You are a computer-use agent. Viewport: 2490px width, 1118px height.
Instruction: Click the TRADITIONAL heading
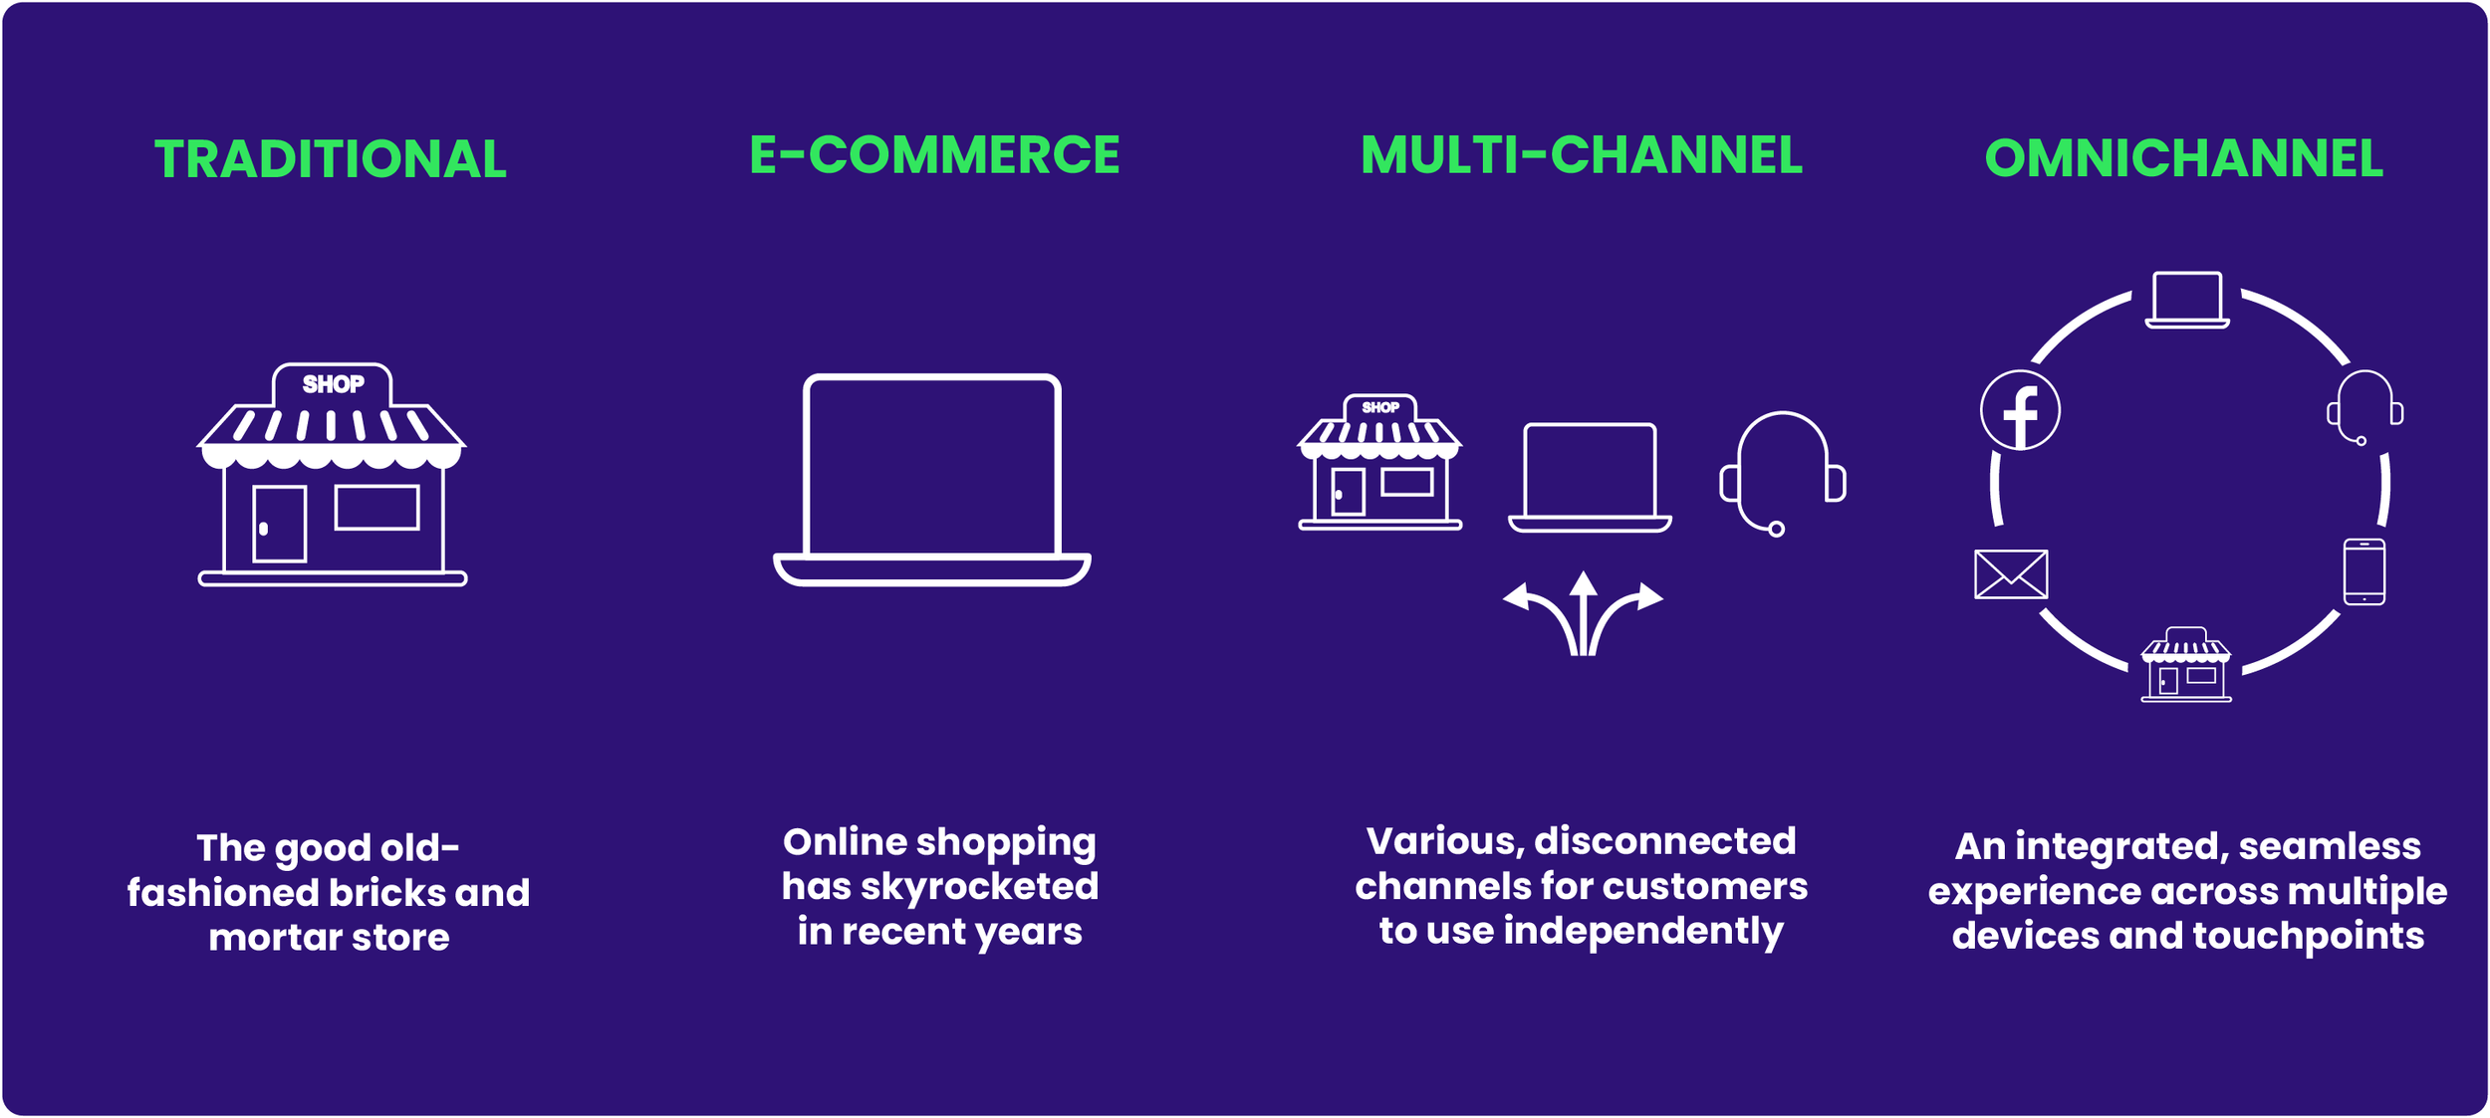331,159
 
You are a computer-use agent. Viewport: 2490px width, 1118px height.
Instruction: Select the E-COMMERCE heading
934,155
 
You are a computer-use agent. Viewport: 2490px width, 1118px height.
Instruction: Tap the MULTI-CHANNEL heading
1582,155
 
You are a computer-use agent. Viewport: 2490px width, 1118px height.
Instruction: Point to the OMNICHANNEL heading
2183,158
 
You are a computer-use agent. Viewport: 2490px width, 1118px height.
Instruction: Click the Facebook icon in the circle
2020,410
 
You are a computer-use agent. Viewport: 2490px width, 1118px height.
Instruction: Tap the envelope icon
2011,574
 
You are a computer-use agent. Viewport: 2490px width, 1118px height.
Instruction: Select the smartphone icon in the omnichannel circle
2364,571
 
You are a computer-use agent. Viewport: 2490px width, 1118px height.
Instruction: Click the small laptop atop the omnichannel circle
2186,300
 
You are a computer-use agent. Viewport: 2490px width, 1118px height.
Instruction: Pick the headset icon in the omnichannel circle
2365,407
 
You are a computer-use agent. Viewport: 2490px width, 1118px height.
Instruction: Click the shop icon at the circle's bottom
2185,664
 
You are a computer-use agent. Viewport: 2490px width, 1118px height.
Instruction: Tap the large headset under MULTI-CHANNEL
1783,473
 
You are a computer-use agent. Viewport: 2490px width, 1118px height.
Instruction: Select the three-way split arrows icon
1583,613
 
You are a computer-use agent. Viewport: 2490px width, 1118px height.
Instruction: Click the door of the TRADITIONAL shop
279,524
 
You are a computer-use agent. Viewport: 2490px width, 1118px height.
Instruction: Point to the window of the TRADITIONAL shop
376,507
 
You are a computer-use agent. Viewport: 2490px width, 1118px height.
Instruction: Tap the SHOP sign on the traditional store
333,384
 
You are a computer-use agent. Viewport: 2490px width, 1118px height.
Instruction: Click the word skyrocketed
979,886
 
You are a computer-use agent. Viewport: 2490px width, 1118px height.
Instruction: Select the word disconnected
1664,840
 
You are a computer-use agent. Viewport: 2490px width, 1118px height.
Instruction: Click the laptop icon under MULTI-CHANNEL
1590,478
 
